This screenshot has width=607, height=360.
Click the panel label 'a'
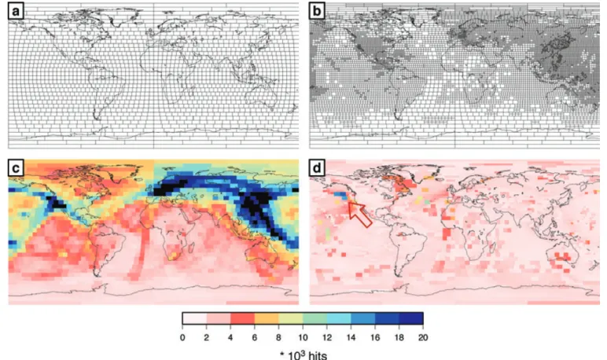(x=16, y=11)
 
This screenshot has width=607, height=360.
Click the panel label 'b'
(x=317, y=11)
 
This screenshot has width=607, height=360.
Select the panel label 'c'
(x=16, y=168)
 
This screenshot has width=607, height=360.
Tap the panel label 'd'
(x=317, y=168)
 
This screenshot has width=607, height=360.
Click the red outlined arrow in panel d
(x=359, y=214)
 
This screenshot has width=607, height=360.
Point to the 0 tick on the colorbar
(x=182, y=337)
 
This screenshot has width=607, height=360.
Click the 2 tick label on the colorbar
(x=206, y=337)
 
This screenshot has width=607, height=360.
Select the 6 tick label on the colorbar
(x=254, y=337)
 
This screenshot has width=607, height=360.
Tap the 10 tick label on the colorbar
(x=303, y=337)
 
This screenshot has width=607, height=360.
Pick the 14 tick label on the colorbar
(x=351, y=337)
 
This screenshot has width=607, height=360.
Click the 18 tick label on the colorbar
(x=399, y=337)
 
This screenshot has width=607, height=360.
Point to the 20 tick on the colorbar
(x=423, y=337)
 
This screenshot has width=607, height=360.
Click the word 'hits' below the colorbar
(x=318, y=355)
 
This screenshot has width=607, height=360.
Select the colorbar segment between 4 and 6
(x=242, y=318)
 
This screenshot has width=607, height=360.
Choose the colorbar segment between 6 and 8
(x=267, y=318)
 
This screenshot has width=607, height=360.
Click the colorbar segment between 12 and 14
(x=339, y=318)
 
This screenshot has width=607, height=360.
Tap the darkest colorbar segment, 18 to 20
(x=411, y=318)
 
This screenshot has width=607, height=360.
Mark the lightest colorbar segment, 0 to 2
(x=195, y=318)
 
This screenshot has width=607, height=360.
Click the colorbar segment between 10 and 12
(x=315, y=318)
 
